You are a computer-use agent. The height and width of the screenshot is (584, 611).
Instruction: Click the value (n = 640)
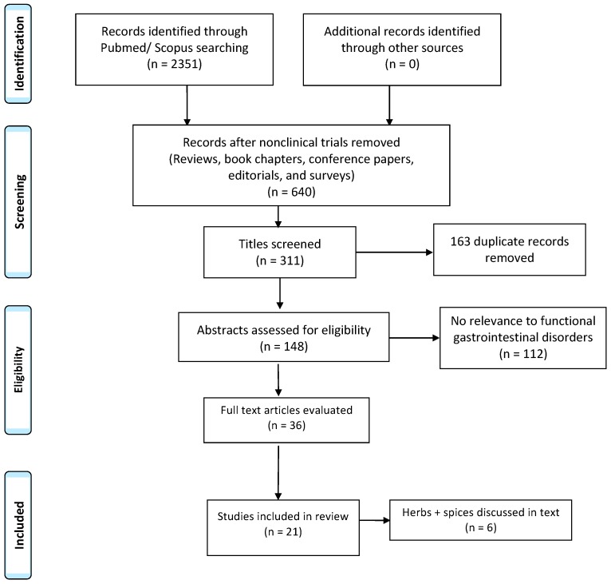point(278,192)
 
